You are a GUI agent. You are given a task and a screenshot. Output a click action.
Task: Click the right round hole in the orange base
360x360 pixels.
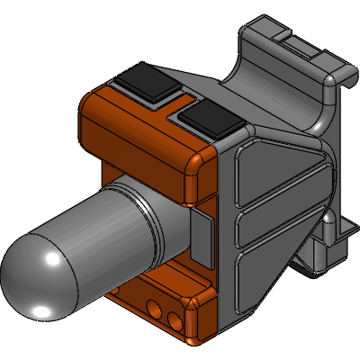pyautogui.click(x=174, y=319)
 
